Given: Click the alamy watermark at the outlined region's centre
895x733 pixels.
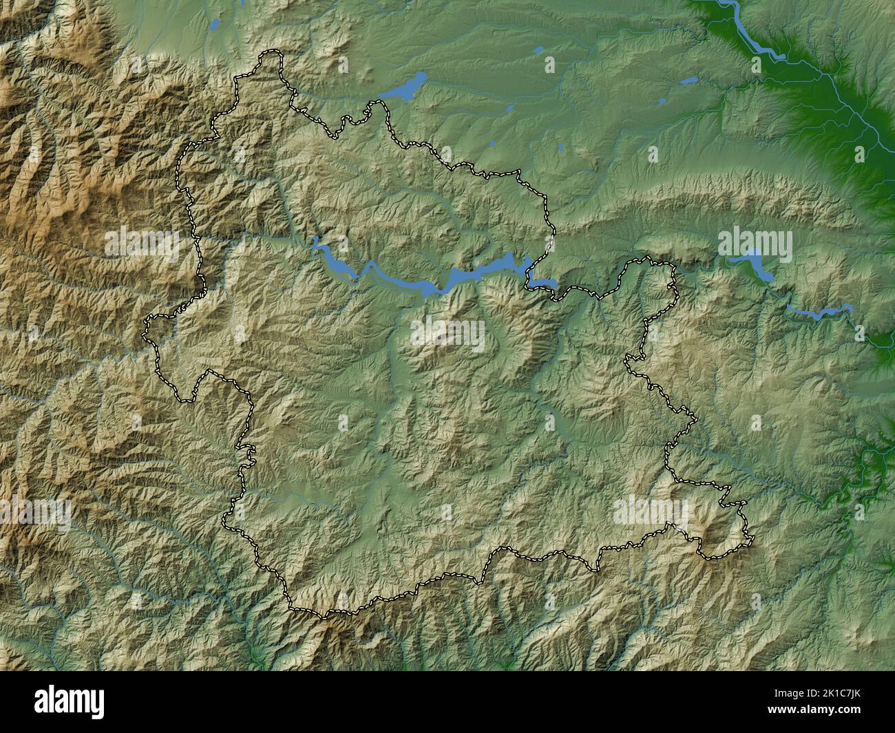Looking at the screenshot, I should pos(447,334).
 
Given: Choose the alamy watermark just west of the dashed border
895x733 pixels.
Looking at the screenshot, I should pos(141,245).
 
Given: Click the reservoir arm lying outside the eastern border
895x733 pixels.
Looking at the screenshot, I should pos(544,281).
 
